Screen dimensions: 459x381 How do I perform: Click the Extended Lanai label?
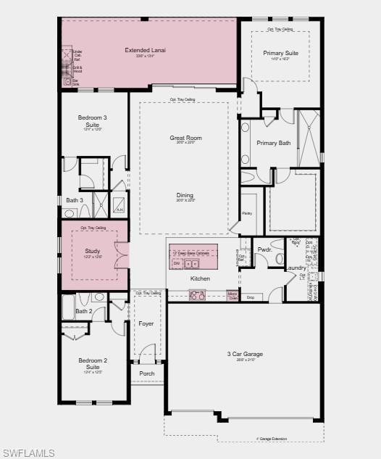145,50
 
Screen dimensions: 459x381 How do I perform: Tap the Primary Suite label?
280,53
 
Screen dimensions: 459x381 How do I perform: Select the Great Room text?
185,137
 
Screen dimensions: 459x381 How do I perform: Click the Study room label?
92,251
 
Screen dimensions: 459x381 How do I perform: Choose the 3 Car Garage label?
244,354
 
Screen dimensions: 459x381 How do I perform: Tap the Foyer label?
146,323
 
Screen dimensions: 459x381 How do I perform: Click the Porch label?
147,374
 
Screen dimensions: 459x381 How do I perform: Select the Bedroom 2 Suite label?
93,363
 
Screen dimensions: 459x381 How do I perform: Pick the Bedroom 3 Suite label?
93,120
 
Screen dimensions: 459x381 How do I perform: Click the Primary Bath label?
273,143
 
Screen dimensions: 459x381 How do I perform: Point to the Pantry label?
247,213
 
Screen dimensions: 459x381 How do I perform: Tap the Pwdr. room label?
264,249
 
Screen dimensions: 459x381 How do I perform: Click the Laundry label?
296,268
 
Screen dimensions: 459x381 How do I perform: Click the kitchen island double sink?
191,264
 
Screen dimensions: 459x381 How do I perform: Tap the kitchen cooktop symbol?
197,294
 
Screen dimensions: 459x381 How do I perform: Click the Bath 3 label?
75,200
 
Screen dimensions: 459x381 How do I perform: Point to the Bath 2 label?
83,311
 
